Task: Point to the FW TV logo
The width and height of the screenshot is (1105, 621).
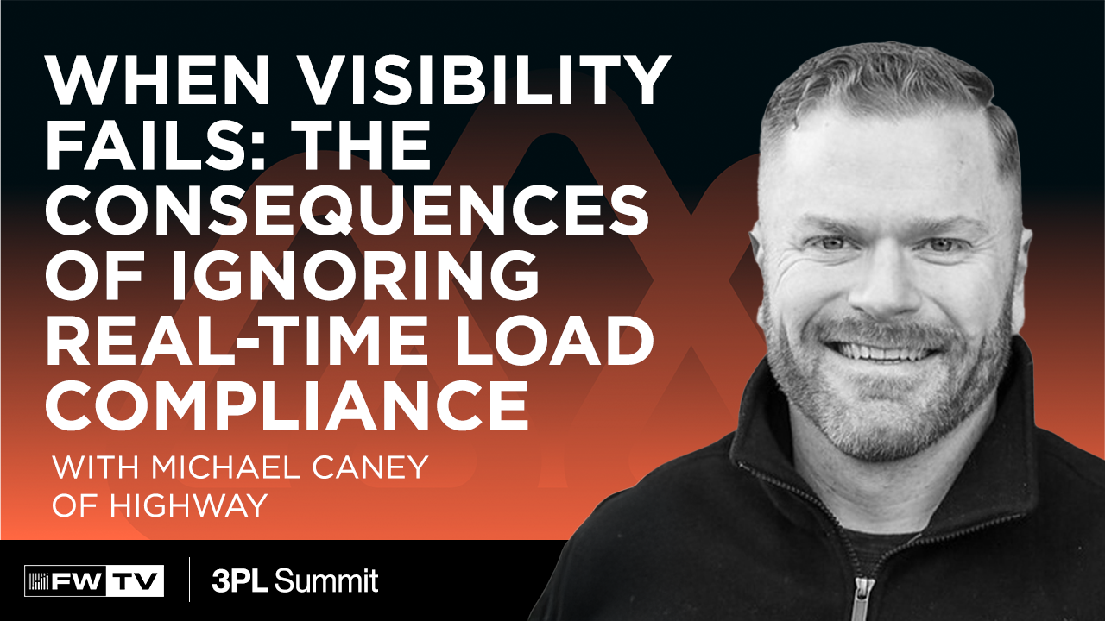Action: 94,580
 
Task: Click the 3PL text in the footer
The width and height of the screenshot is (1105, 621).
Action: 241,580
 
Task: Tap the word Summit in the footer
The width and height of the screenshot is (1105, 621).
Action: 327,580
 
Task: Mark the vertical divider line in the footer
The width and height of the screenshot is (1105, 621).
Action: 189,580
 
